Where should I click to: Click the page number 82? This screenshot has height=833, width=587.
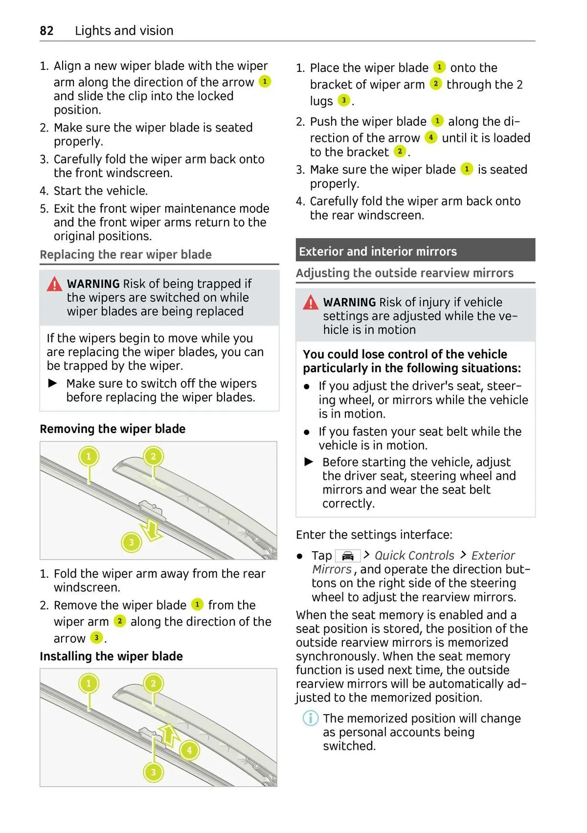(x=46, y=31)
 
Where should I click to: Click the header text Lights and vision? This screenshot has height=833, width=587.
(x=124, y=31)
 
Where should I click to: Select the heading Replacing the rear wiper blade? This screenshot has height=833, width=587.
(x=126, y=255)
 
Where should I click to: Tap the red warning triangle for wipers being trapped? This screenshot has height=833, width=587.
(x=54, y=284)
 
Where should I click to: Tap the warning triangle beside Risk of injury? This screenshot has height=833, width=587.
(x=311, y=303)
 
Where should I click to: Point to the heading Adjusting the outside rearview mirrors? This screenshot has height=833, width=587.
(x=405, y=273)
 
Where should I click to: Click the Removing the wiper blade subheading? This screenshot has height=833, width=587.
(x=113, y=429)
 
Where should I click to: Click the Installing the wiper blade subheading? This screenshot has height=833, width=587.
(x=111, y=656)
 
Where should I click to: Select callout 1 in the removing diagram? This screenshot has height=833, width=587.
(x=89, y=457)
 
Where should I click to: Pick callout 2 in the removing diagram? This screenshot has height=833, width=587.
(x=153, y=457)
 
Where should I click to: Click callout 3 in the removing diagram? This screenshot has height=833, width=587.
(x=131, y=542)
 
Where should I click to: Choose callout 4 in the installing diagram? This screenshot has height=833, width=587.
(x=189, y=750)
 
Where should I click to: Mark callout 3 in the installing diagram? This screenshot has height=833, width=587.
(x=153, y=772)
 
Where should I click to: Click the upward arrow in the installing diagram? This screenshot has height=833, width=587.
(x=168, y=735)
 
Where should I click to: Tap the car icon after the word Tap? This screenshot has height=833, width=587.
(x=348, y=556)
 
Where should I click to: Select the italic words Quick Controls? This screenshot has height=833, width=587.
(x=414, y=556)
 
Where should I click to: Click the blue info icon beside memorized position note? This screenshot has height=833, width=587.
(x=311, y=719)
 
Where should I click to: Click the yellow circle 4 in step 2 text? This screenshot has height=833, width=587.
(x=430, y=137)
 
